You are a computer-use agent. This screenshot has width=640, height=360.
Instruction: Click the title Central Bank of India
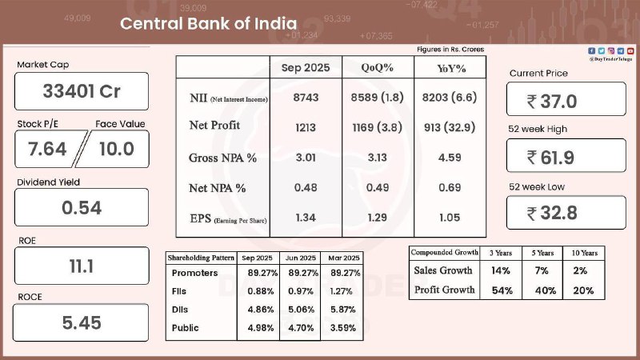click(x=208, y=24)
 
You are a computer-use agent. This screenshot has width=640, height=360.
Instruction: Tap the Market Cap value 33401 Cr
click(x=82, y=91)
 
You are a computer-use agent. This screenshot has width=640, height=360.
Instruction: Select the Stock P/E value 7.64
click(x=46, y=149)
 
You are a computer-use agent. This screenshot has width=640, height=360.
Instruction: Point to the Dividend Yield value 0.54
click(x=82, y=208)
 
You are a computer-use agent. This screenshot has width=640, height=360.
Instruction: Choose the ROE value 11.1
click(x=82, y=266)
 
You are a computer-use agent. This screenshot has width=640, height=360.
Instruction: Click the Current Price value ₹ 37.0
click(x=566, y=100)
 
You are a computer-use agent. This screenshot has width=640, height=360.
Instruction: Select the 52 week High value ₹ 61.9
click(x=566, y=157)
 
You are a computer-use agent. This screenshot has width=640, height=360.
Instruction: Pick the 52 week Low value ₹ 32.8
click(x=566, y=213)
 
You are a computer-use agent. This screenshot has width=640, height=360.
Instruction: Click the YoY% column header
click(x=450, y=69)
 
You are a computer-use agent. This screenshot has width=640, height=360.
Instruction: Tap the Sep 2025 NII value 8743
click(x=306, y=98)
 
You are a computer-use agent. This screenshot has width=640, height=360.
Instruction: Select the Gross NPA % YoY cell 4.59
click(x=450, y=158)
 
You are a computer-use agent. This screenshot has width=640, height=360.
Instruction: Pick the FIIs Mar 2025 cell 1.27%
click(x=339, y=292)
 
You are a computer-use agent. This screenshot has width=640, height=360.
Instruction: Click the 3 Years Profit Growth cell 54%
click(x=501, y=290)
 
